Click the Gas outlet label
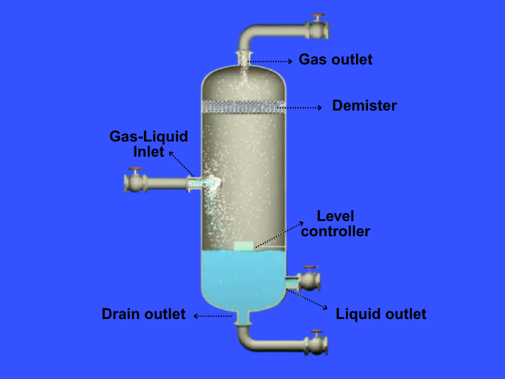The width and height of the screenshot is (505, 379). tap(335, 59)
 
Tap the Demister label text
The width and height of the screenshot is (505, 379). tap(364, 105)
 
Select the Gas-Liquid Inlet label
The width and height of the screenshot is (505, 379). tap(149, 144)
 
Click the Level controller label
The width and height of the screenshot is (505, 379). tap(335, 224)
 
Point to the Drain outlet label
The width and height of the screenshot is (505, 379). tap(144, 314)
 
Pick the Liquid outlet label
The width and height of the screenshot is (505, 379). tap(381, 314)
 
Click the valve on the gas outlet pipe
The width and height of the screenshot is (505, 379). tap(318, 28)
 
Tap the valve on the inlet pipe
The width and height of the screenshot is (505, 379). tap(134, 182)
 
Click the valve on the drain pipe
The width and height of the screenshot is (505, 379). tap(317, 344)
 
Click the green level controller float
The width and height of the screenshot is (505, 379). tap(244, 246)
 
